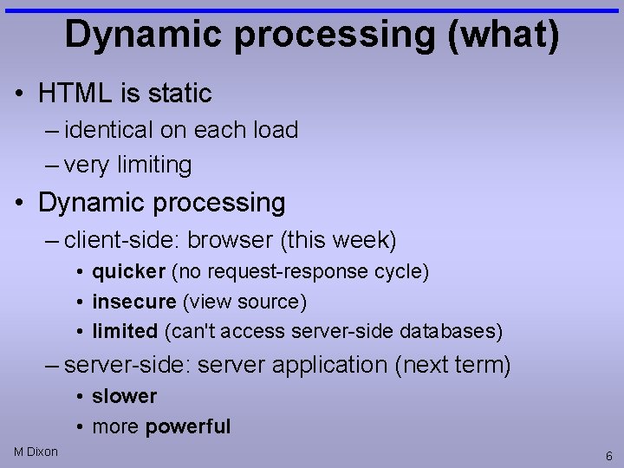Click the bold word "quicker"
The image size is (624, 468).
(x=128, y=271)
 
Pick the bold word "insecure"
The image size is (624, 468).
(x=133, y=302)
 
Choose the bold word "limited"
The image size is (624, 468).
(x=125, y=331)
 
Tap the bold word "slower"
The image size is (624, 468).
(x=124, y=396)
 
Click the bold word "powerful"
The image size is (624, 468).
(x=188, y=426)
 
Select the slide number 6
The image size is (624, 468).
(x=609, y=456)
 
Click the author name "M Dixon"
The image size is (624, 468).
(x=36, y=452)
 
